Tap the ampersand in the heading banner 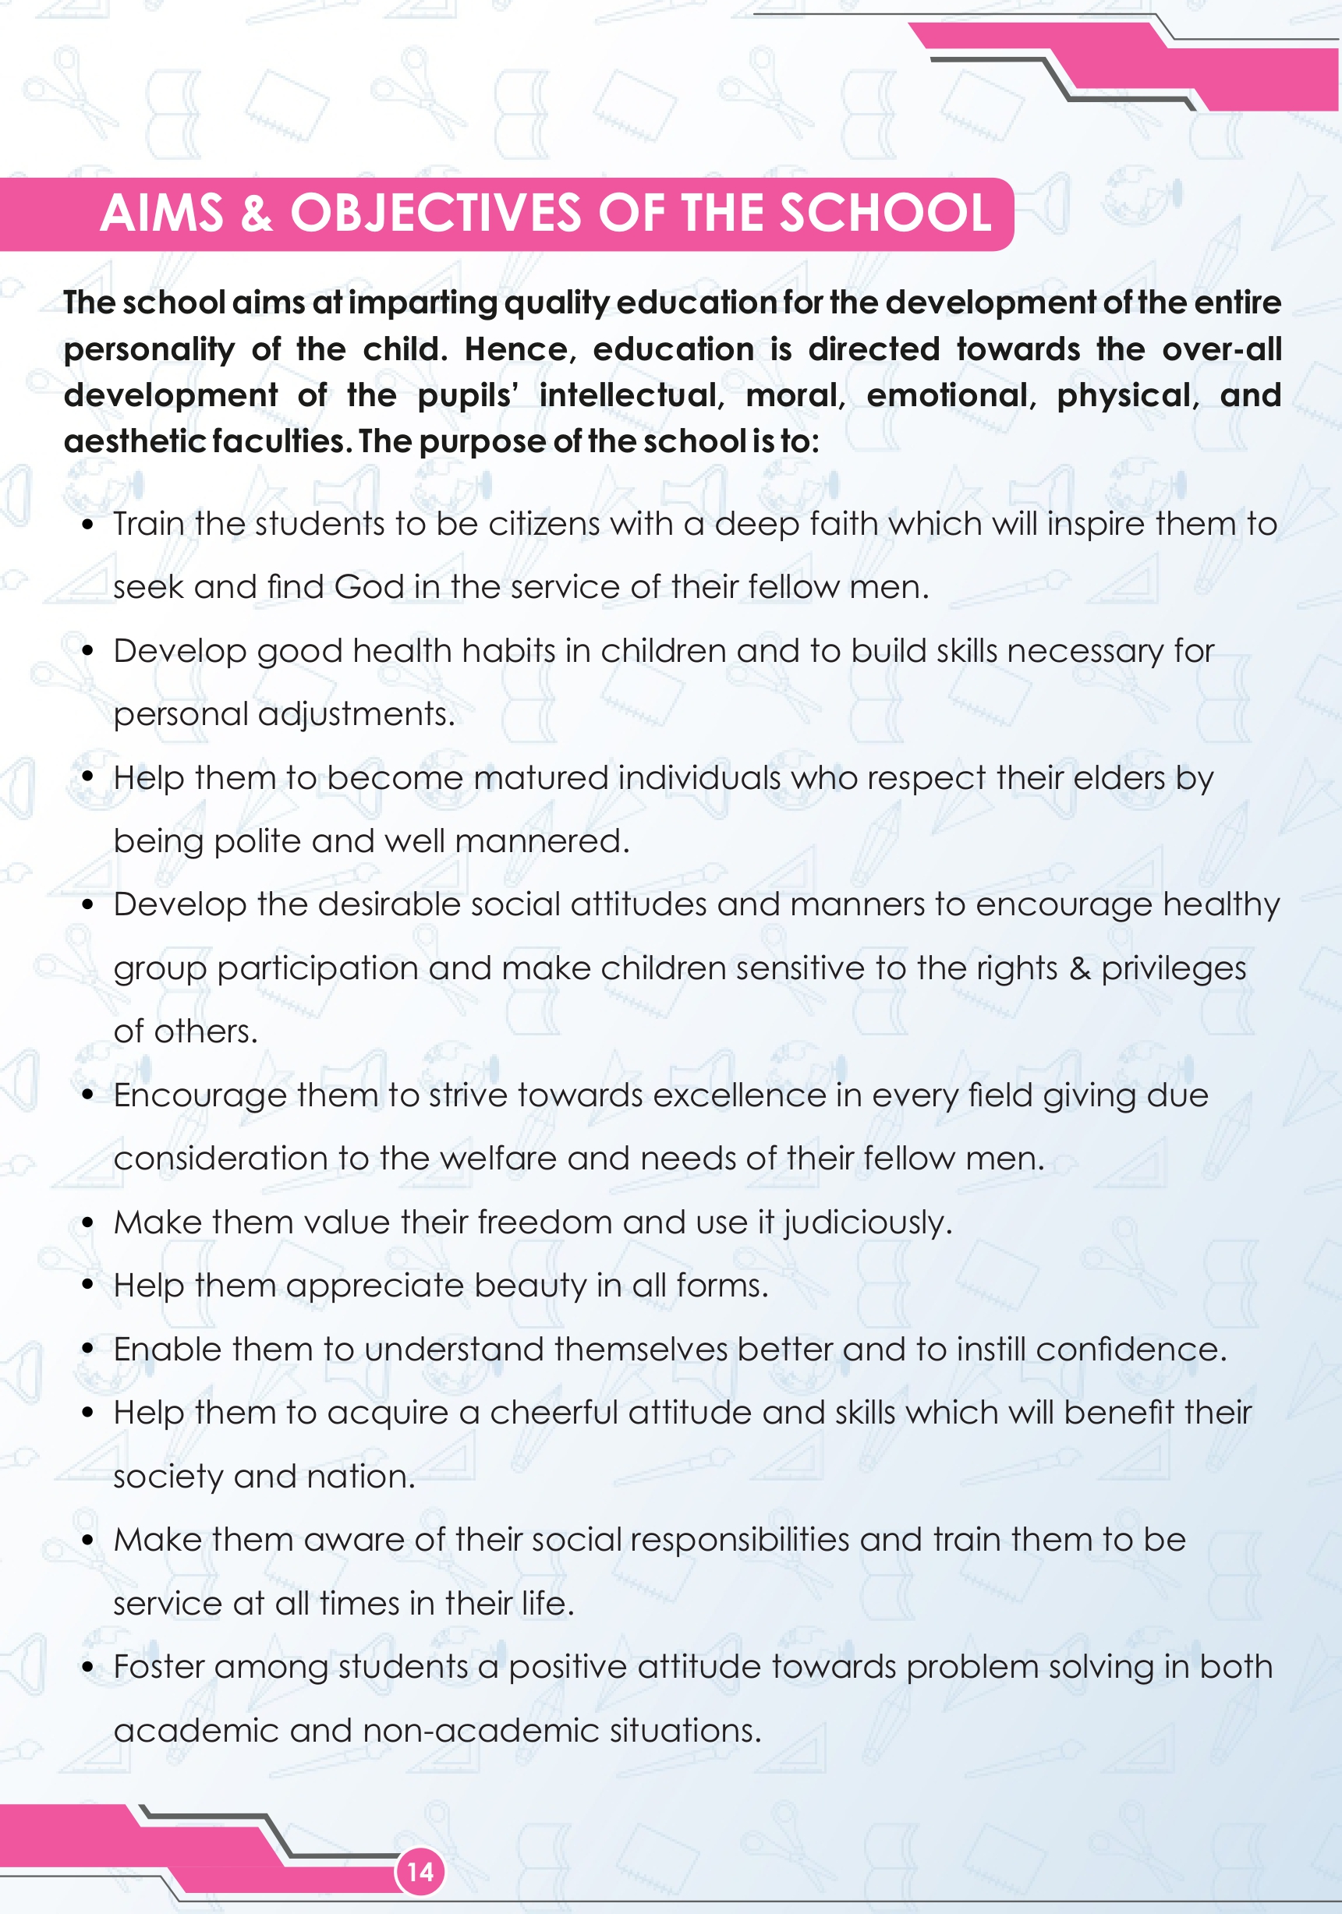click(256, 214)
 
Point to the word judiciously click(867, 1223)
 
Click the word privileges click(1173, 968)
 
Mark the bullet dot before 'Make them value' click(87, 1223)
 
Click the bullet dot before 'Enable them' click(87, 1350)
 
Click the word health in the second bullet click(402, 650)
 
